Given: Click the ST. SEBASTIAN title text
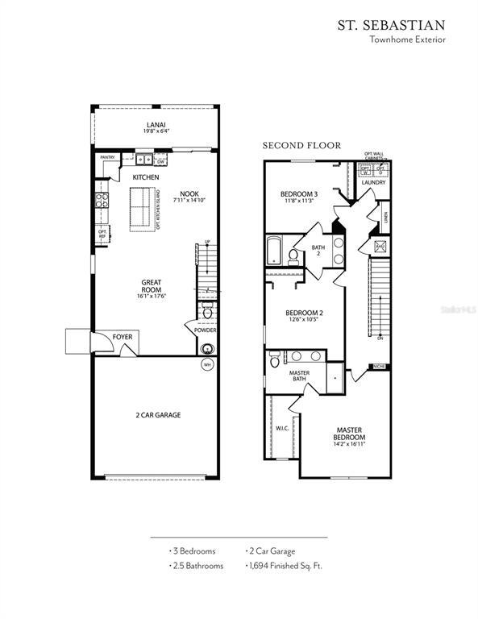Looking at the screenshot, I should click(x=391, y=24).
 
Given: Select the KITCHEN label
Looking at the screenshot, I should click(x=146, y=177).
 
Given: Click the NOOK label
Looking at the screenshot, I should click(x=189, y=193).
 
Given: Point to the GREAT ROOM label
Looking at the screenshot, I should click(x=152, y=285).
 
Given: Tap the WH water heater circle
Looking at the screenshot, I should click(x=207, y=364).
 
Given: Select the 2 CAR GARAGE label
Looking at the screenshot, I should click(x=158, y=415).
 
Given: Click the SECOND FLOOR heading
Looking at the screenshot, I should click(x=301, y=146).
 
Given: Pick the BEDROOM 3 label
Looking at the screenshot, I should click(x=299, y=194).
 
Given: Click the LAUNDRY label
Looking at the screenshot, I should click(x=373, y=183).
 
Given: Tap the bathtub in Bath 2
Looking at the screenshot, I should click(x=274, y=250).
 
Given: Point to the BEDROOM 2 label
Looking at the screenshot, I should click(x=305, y=313).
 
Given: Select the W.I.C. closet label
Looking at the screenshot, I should click(x=282, y=428).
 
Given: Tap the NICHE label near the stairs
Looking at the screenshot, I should click(x=378, y=367).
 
